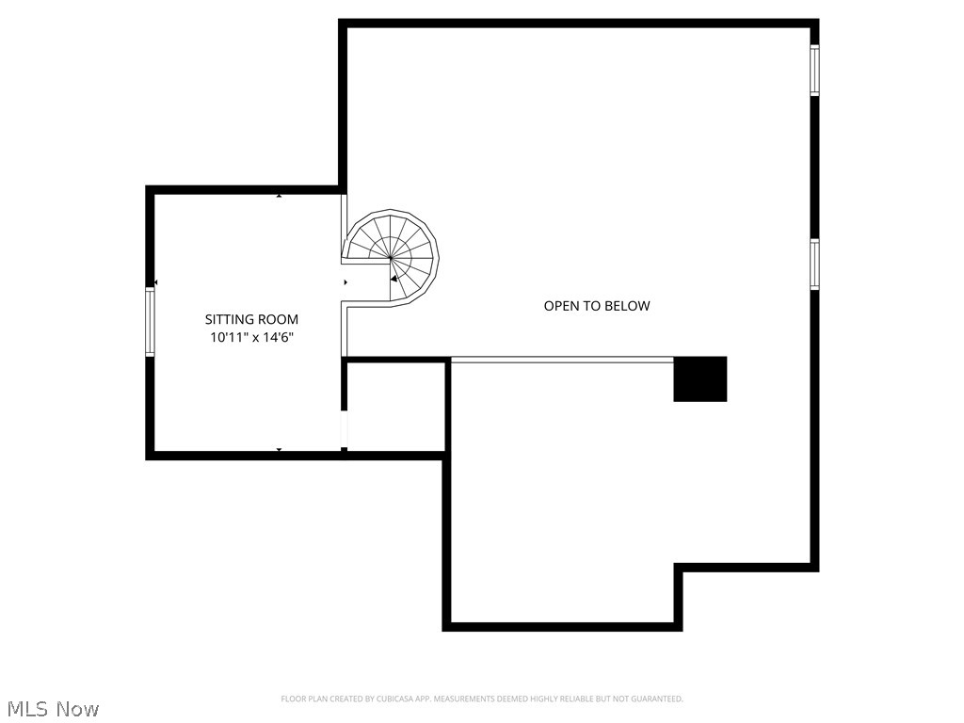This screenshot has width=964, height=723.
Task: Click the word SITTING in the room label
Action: click(230, 320)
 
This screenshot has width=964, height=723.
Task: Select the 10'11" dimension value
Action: click(231, 338)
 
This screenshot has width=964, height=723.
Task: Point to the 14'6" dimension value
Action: click(278, 338)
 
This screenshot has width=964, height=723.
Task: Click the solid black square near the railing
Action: click(700, 378)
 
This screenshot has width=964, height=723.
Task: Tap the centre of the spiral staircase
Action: click(390, 257)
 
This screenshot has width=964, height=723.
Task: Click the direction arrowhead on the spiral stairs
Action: click(394, 278)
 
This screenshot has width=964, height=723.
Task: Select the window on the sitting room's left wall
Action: click(150, 322)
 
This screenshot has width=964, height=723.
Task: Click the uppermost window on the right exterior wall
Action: click(815, 71)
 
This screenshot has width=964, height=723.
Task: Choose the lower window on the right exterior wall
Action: click(815, 265)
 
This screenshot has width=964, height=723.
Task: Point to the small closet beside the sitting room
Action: click(394, 407)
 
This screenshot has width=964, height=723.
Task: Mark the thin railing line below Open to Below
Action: click(562, 359)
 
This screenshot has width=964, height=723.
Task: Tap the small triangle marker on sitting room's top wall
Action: click(279, 196)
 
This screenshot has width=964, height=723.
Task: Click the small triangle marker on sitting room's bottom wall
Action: click(279, 450)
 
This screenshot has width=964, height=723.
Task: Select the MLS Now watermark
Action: click(53, 708)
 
